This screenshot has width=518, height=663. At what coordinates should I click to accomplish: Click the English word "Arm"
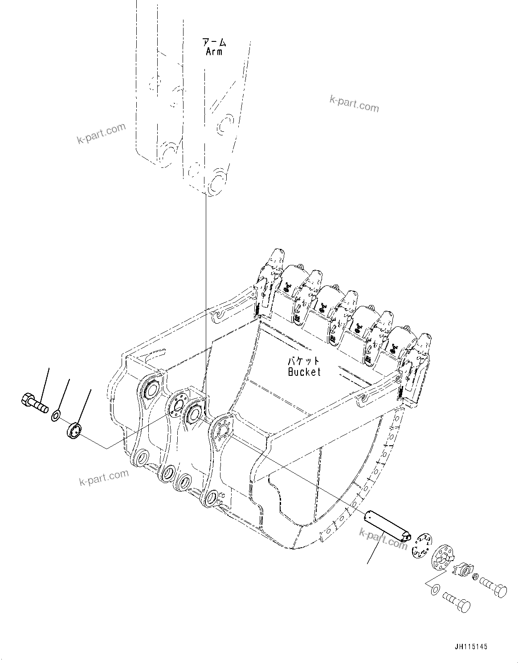[214, 52]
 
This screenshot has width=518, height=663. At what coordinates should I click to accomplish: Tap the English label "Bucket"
[304, 371]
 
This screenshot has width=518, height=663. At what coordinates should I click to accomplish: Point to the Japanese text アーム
[214, 42]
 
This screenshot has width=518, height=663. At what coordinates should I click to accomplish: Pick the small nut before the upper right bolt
[475, 577]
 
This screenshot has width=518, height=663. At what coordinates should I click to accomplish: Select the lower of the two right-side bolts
[457, 603]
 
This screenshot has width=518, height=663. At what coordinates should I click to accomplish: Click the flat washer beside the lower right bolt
[435, 590]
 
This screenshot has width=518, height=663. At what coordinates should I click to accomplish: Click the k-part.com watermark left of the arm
[102, 134]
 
